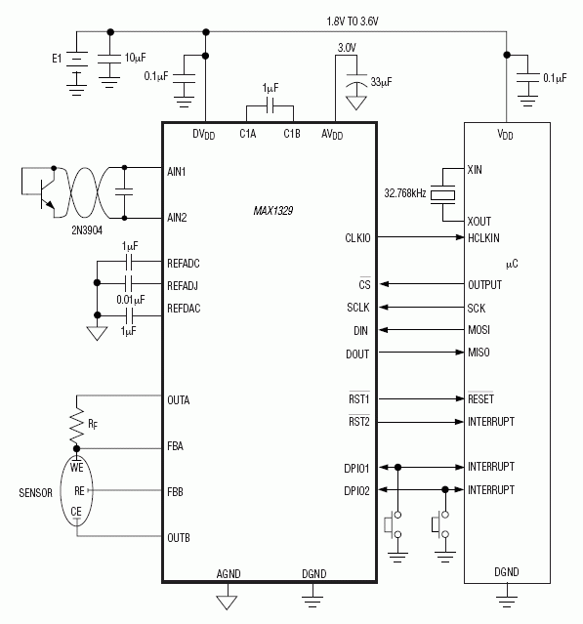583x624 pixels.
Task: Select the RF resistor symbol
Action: pyautogui.click(x=75, y=423)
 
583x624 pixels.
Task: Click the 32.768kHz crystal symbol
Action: pyautogui.click(x=444, y=194)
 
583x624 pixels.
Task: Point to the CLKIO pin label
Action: pyautogui.click(x=357, y=237)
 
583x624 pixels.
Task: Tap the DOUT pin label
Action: pyautogui.click(x=357, y=354)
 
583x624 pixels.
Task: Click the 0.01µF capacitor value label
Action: pyautogui.click(x=129, y=298)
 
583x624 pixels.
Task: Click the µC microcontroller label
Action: pyautogui.click(x=512, y=264)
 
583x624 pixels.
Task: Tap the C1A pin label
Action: pyautogui.click(x=248, y=134)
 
